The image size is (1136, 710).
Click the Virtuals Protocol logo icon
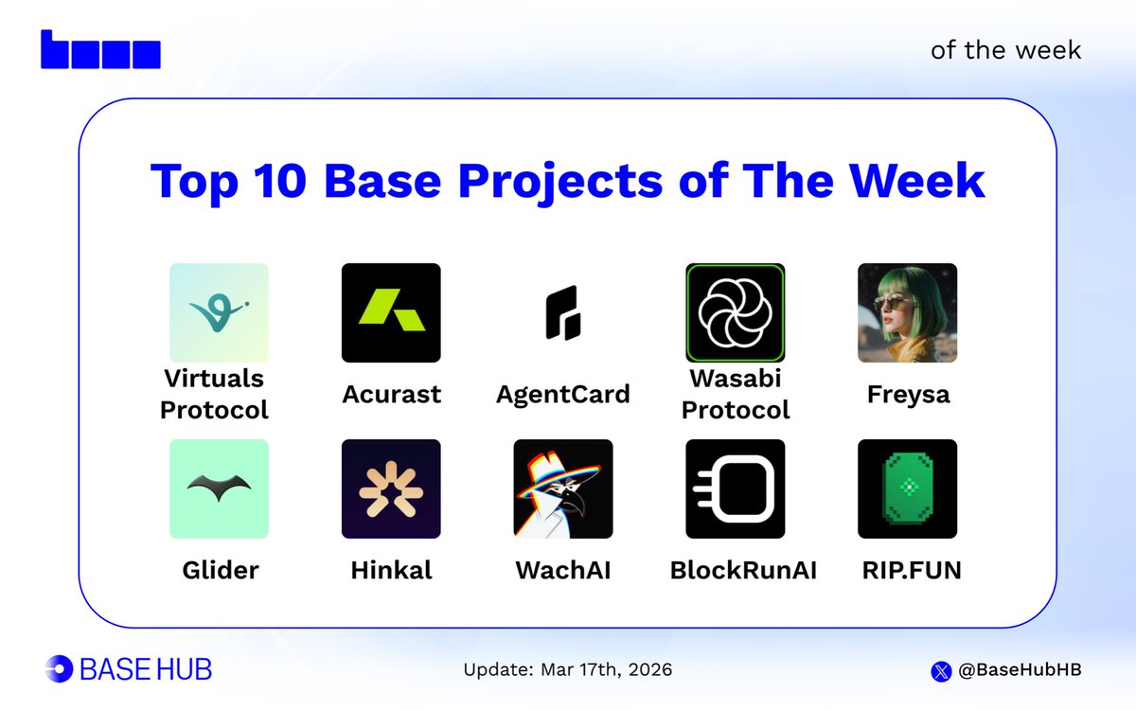[x=219, y=312]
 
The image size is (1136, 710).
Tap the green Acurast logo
[x=391, y=312]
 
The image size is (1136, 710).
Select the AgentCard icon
[x=562, y=312]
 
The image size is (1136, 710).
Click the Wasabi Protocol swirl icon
[x=735, y=312]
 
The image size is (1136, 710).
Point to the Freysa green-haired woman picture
[x=907, y=312]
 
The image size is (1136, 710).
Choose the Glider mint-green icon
[x=219, y=488]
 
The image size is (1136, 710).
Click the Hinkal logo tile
[x=391, y=488]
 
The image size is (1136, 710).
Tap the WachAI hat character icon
[x=562, y=488]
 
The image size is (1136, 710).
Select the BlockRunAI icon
[x=735, y=488]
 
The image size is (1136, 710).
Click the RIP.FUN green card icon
[x=907, y=488]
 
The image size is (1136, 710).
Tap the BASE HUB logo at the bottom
[x=129, y=669]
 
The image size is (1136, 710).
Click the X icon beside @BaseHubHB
[x=940, y=670]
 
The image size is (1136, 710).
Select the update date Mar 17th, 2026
[x=568, y=670]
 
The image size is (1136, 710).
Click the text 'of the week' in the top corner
[x=1005, y=49]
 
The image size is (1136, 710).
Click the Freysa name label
[x=907, y=394]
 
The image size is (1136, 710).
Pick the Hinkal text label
[x=391, y=570]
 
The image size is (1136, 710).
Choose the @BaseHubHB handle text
[x=1019, y=670]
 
